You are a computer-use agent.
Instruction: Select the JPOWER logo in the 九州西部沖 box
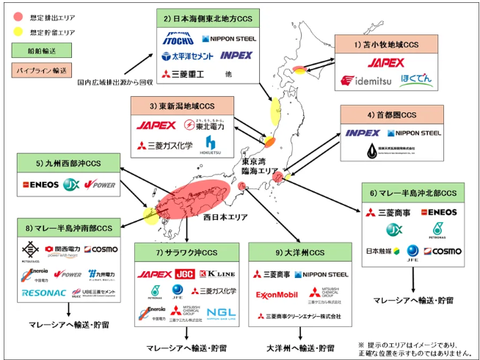click(99, 184)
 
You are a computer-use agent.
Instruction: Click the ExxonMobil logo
click(277, 295)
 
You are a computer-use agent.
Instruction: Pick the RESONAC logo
click(45, 292)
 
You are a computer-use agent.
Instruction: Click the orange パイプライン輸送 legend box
click(35, 70)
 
